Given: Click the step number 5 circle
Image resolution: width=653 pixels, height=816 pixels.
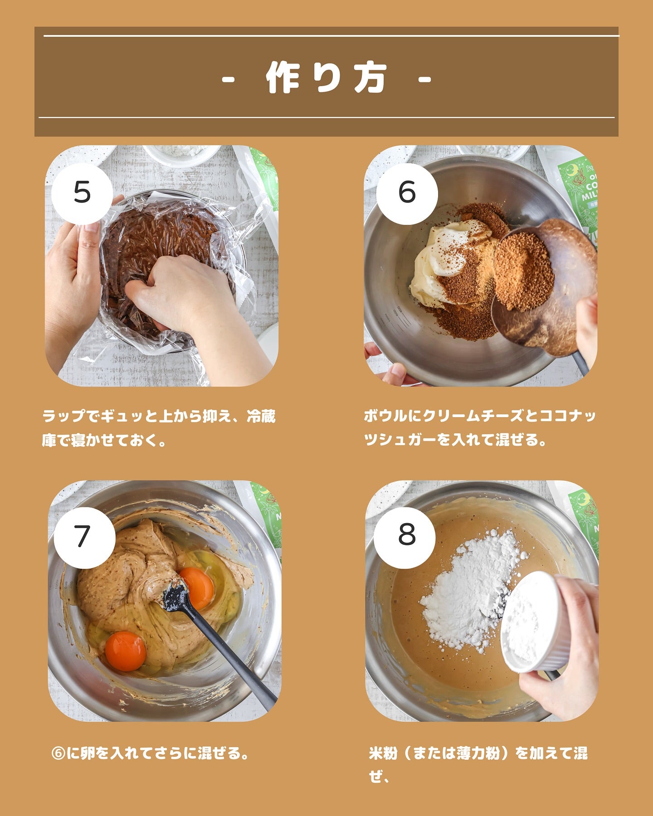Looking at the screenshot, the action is [x=82, y=194].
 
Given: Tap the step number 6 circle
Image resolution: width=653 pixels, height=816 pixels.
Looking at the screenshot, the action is [x=407, y=194].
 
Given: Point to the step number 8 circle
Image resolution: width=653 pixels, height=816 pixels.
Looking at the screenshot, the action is [x=407, y=535].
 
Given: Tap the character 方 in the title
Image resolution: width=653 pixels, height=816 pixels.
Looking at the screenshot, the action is [x=370, y=78].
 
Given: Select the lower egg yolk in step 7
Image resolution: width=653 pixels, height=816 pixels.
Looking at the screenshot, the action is [x=126, y=651].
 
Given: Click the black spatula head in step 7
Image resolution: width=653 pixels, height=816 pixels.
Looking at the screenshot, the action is [x=175, y=597].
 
